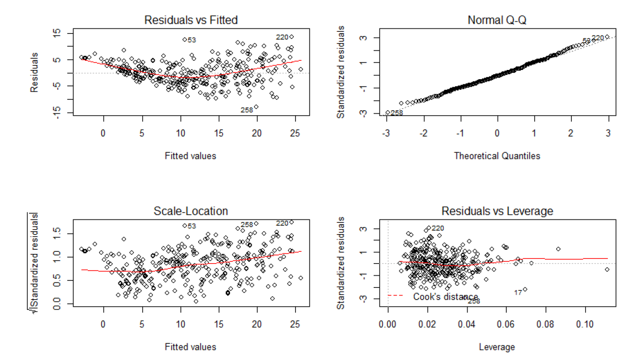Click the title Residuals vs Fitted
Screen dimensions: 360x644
click(191, 20)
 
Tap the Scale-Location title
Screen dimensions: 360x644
click(191, 211)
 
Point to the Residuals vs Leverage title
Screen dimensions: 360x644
click(497, 211)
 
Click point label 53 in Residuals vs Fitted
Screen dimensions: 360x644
click(192, 40)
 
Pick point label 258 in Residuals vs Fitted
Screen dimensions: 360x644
click(247, 110)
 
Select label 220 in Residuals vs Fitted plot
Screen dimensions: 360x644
click(282, 37)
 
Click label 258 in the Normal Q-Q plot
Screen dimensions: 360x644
click(397, 113)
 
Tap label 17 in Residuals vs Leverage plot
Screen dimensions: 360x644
click(517, 293)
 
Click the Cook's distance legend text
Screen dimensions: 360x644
click(445, 297)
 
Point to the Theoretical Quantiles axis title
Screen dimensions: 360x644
click(497, 156)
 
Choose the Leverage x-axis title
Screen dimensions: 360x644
click(497, 347)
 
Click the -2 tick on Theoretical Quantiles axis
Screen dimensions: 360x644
click(424, 132)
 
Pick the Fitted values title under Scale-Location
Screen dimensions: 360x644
click(191, 347)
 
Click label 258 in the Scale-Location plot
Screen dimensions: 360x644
click(247, 225)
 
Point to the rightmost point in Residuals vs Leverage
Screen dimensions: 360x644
click(607, 270)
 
